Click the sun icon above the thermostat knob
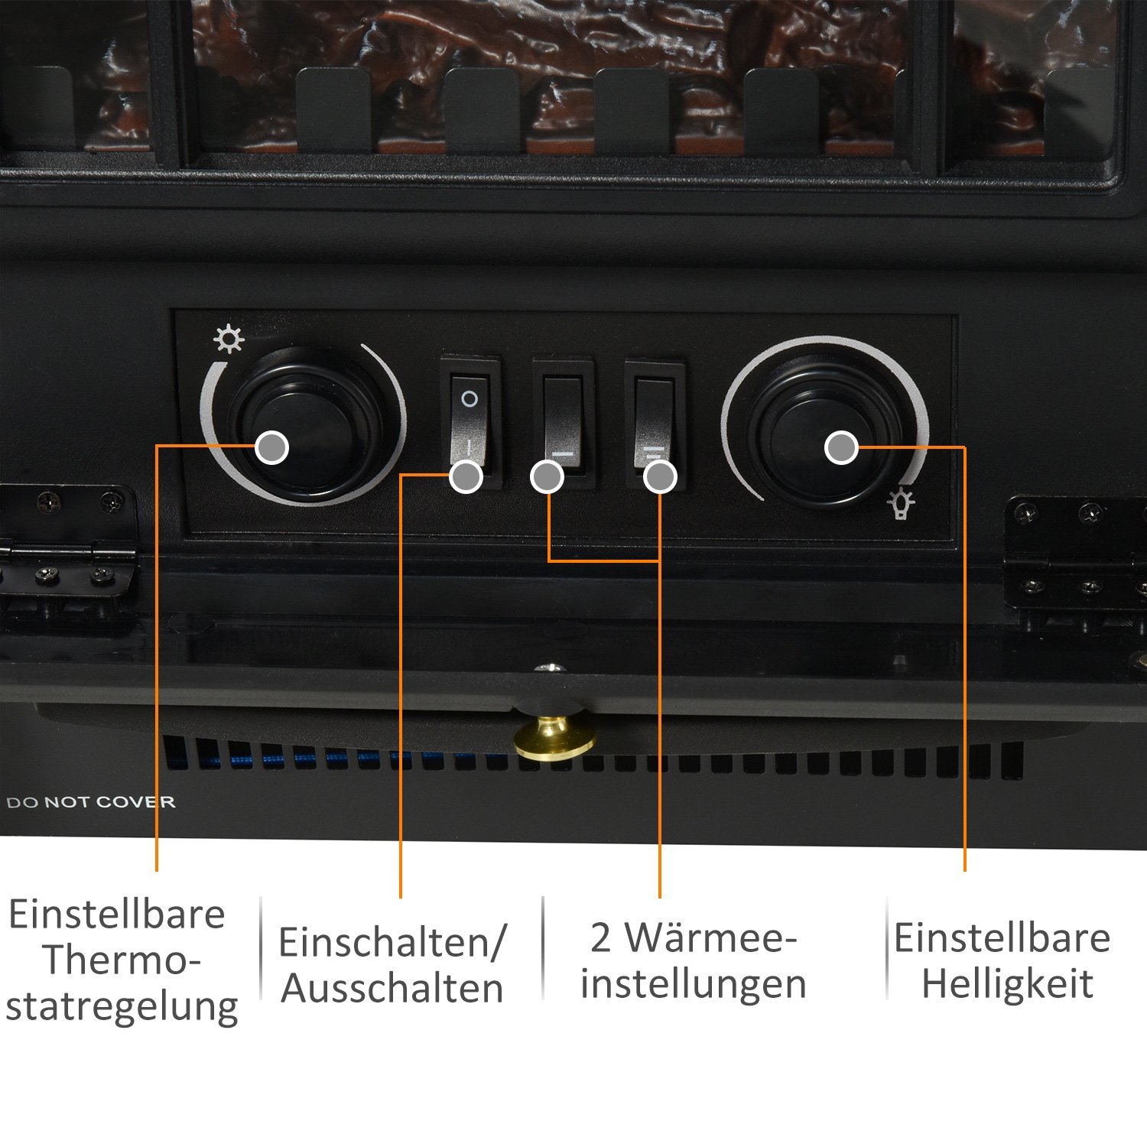[229, 339]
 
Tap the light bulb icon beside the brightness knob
[901, 502]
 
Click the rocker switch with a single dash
[564, 425]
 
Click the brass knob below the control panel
[555, 736]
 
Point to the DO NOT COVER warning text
[91, 802]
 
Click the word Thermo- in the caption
[121, 960]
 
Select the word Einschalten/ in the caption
[392, 942]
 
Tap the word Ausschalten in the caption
[392, 988]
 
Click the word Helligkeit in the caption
[1008, 985]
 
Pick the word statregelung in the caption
[122, 1007]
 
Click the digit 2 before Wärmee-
[600, 938]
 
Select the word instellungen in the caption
[694, 985]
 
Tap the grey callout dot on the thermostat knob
[271, 447]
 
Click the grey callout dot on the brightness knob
[841, 447]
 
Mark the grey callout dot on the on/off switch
[466, 478]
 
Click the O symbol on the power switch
[470, 398]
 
